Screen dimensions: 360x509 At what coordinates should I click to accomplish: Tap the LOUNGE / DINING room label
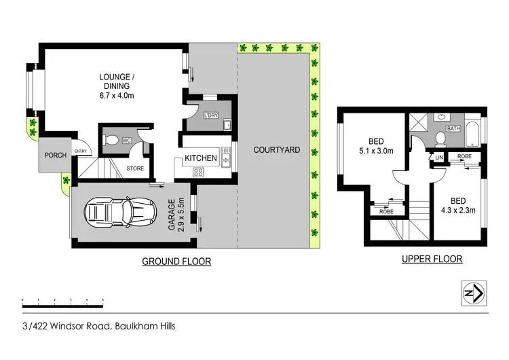pos(114,86)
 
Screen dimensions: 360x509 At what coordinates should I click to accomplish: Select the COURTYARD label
pos(276,149)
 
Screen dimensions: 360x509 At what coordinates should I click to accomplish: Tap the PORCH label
pos(56,156)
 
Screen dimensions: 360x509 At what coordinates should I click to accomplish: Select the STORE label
pos(135,167)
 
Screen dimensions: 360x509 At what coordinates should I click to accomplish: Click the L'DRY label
pos(211,115)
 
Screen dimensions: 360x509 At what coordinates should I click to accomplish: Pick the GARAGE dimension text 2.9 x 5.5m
pos(175,215)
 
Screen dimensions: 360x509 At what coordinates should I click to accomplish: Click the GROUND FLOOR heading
pos(176,262)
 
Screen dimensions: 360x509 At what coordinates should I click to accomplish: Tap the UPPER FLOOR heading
pos(432,259)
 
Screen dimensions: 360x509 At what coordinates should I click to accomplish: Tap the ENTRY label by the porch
pos(81,151)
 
